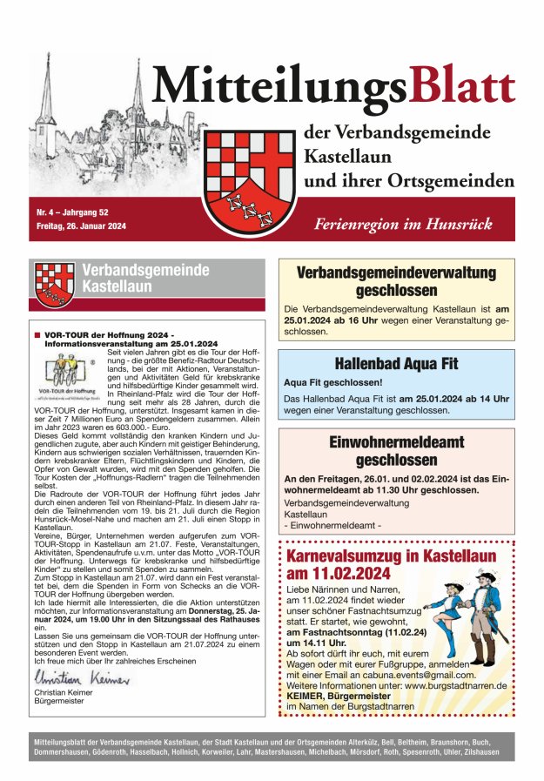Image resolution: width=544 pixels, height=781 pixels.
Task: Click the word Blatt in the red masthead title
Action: tap(461, 86)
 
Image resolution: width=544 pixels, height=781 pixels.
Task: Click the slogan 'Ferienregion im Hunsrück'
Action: tap(402, 223)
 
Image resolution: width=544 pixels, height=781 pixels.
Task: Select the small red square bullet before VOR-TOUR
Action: tap(37, 335)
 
